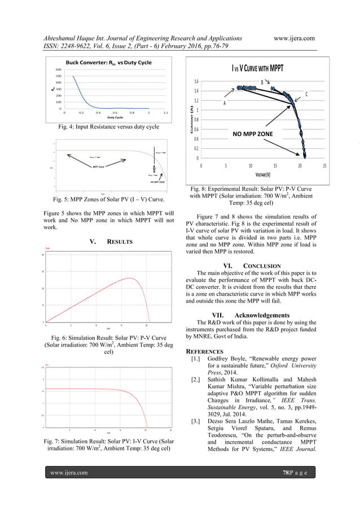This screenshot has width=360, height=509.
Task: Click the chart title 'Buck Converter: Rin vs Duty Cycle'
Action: tap(108, 63)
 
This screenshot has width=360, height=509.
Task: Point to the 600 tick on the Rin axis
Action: tap(58, 69)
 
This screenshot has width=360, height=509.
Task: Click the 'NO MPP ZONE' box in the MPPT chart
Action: tap(252, 134)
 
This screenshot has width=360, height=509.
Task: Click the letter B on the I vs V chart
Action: tap(262, 82)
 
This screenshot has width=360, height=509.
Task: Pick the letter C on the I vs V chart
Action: tap(306, 94)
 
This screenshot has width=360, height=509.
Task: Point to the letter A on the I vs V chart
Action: tap(225, 103)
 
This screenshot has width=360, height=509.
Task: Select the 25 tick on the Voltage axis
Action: tap(325, 166)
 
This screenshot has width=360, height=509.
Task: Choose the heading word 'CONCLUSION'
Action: tap(262, 266)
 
